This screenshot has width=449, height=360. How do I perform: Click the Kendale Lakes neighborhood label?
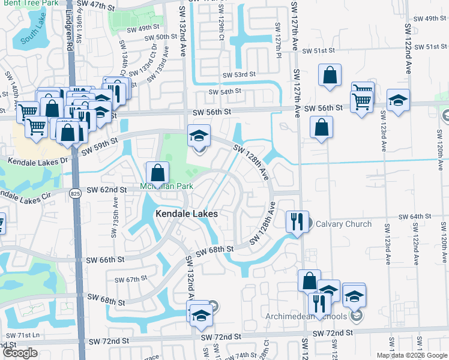tap(186, 213)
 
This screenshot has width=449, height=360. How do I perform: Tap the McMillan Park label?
tap(166, 186)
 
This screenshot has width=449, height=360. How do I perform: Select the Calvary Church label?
tap(350, 224)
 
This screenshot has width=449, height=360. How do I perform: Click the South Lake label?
tap(32, 41)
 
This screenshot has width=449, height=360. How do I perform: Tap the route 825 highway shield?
tap(74, 193)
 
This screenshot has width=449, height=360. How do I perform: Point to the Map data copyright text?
tap(412, 355)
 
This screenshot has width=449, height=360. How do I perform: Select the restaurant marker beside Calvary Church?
tap(297, 220)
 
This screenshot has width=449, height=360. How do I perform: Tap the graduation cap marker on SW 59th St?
tap(199, 136)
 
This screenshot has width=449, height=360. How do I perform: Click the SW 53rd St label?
tap(239, 75)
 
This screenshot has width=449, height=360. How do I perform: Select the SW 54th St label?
tap(224, 91)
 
